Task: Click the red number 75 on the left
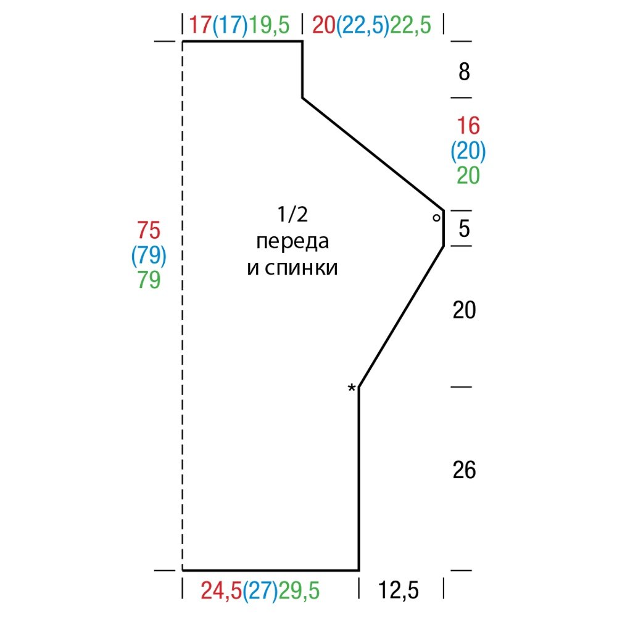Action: pos(149,230)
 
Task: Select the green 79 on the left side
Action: pos(149,280)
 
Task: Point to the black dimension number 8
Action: pos(465,72)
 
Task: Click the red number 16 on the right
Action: pos(468,126)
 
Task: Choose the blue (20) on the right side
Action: pos(468,151)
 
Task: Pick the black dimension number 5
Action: pos(465,228)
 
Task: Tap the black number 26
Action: pos(465,470)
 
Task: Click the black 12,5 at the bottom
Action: pos(399,590)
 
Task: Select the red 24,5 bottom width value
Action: pos(221,590)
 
